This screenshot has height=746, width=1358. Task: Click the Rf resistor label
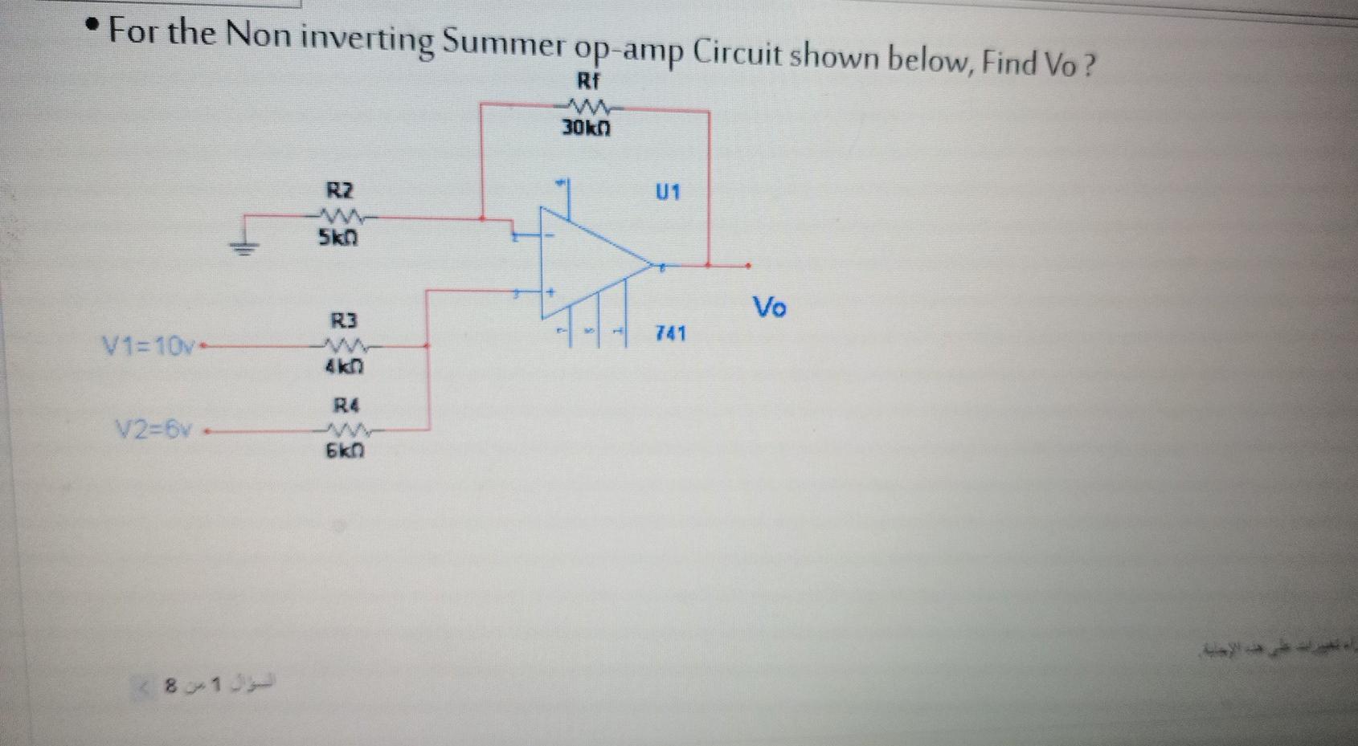(x=589, y=81)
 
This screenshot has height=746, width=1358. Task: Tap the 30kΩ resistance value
(x=586, y=128)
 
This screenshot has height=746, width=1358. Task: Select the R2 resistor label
(x=339, y=191)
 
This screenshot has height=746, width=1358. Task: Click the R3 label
(x=343, y=321)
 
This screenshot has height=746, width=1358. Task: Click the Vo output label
(x=769, y=307)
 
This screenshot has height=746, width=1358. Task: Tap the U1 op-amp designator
(x=668, y=193)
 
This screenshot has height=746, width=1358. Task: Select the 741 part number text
(x=671, y=332)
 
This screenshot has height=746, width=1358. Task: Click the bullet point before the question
(x=95, y=28)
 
